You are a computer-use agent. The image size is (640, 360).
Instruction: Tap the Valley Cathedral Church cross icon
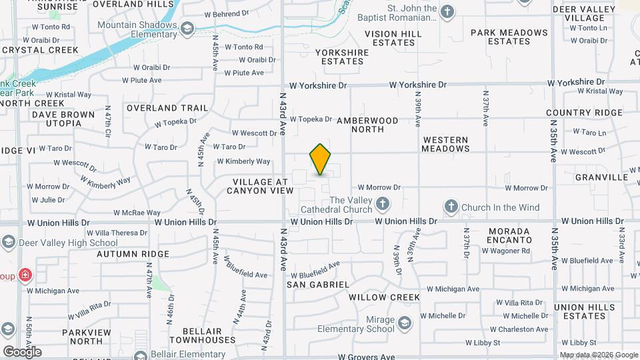(x=383, y=203)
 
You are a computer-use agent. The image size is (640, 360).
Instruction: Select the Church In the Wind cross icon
(x=451, y=207)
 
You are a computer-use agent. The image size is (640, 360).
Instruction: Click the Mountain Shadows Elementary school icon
(x=187, y=28)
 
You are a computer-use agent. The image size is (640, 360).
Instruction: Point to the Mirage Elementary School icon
(x=404, y=324)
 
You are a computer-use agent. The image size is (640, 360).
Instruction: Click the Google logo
(x=22, y=351)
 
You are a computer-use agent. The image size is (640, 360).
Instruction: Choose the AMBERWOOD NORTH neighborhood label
(x=367, y=125)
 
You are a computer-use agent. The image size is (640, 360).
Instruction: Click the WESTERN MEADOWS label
(x=445, y=144)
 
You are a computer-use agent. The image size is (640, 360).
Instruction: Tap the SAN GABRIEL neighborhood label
(x=318, y=285)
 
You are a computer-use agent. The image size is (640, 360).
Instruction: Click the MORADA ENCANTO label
(x=509, y=235)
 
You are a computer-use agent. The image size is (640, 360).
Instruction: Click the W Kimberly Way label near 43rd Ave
(x=243, y=161)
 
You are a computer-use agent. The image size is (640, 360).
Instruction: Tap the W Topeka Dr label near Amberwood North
(x=310, y=119)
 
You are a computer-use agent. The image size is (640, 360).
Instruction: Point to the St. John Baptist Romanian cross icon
(x=447, y=11)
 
